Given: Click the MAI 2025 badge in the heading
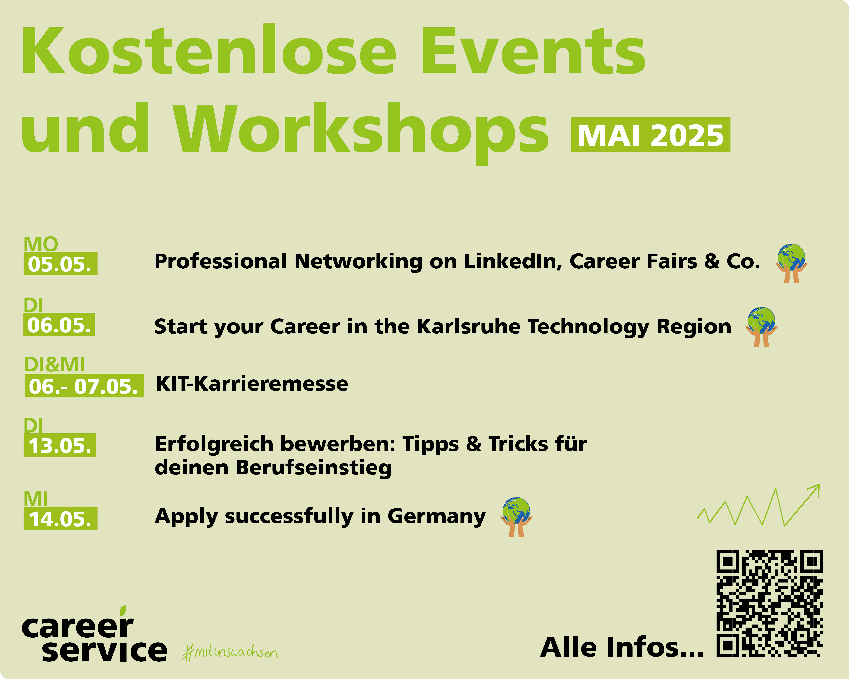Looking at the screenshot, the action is tap(651, 135).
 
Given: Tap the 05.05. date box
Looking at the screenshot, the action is tap(61, 263).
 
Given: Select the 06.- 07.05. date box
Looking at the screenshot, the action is tap(84, 386).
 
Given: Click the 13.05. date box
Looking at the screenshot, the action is tap(60, 445).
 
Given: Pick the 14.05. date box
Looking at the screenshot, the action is tap(61, 518).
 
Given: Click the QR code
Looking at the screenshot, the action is tap(769, 603).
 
